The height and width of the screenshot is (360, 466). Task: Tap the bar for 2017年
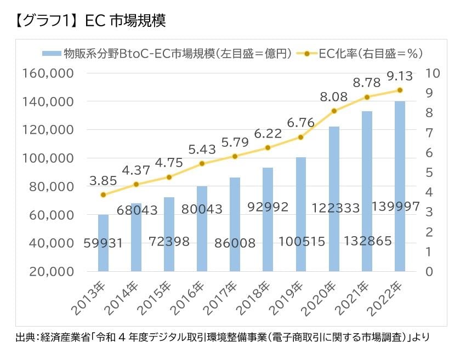pos(235,224)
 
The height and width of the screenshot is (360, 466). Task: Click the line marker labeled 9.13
pos(400,90)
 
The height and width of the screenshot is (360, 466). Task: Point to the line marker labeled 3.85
pos(103,195)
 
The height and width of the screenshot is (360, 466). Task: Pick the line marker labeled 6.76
pos(300,137)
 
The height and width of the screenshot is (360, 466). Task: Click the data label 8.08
pos(333,97)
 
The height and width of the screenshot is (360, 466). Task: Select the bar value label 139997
pos(396,207)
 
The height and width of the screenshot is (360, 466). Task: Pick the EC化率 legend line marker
pos(307,54)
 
